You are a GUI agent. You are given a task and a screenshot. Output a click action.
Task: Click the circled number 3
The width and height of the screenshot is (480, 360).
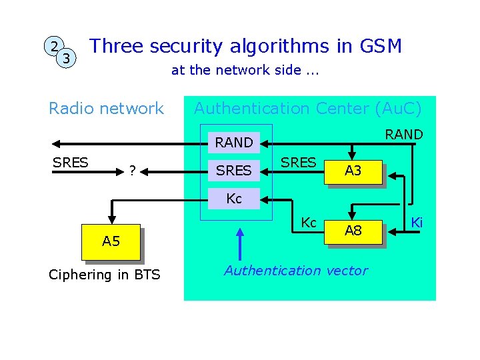[x=66, y=59]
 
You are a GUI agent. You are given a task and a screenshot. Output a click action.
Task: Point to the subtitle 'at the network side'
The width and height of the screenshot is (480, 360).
[x=245, y=70]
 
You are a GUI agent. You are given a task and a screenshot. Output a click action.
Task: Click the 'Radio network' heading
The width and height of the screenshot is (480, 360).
[x=106, y=108]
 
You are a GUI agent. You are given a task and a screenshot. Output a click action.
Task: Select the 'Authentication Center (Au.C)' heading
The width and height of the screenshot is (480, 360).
[x=307, y=108]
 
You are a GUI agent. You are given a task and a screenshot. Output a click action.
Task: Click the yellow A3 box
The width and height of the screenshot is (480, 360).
[x=353, y=171]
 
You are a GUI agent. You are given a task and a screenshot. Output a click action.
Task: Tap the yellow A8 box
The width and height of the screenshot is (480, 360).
[x=353, y=231]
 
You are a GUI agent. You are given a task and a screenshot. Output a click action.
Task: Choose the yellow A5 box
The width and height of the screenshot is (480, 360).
[x=111, y=241]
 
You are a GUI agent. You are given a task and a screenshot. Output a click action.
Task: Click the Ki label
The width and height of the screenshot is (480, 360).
[x=417, y=222]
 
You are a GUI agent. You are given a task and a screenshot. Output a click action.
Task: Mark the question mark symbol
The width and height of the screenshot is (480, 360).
[x=133, y=171]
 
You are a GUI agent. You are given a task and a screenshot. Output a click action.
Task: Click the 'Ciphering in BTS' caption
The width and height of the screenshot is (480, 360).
[x=105, y=275]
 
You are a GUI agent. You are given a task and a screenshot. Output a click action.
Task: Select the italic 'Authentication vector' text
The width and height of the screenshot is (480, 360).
[x=295, y=271]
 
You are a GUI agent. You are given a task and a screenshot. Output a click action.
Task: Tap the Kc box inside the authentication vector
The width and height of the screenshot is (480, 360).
[x=234, y=199]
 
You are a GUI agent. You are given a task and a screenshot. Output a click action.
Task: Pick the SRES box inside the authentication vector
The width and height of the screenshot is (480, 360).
[x=234, y=171]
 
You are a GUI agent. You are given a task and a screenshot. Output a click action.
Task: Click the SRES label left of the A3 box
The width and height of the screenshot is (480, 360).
[x=298, y=163]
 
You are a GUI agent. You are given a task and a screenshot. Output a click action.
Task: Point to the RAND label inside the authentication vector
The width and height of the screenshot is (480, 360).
[x=234, y=143]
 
